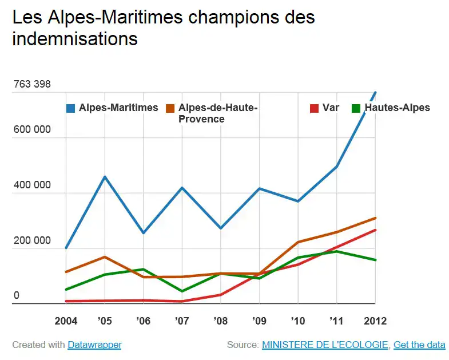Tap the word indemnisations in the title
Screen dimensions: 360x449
click(x=75, y=39)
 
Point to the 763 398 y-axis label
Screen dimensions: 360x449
click(x=32, y=84)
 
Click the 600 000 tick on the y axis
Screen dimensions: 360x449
click(x=32, y=129)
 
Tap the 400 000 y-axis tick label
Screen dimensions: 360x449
click(x=32, y=185)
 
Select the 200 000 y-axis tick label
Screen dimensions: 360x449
click(x=32, y=241)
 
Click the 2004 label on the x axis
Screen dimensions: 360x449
click(x=66, y=321)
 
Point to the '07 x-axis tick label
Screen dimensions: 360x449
click(x=182, y=321)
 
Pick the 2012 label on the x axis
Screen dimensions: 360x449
click(x=375, y=321)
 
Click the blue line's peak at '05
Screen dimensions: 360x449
click(x=105, y=177)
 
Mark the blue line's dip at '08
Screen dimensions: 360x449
click(x=221, y=228)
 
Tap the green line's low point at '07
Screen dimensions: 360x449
click(x=182, y=291)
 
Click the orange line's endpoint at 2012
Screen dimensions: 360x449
click(x=375, y=218)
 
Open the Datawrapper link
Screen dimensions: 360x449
click(x=94, y=345)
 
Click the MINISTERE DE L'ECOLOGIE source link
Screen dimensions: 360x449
click(x=325, y=345)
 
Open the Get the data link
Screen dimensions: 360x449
click(x=419, y=345)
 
